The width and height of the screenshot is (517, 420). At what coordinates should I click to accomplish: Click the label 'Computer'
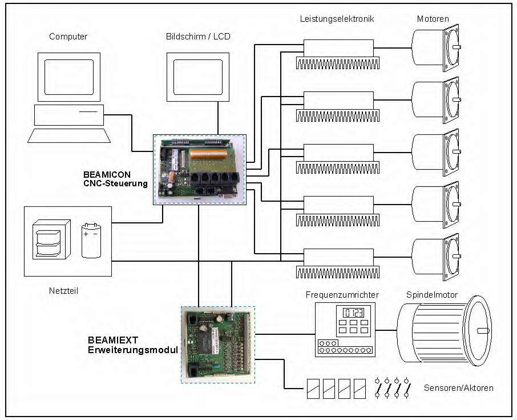click(68, 37)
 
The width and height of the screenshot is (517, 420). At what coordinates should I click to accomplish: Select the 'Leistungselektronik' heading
click(337, 19)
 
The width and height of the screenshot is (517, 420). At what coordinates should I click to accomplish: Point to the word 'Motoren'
click(433, 19)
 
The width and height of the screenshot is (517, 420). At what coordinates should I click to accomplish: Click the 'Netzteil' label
click(63, 291)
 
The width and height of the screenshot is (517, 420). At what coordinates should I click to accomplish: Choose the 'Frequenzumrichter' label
click(342, 295)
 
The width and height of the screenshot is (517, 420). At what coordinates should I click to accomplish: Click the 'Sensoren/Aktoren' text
click(458, 388)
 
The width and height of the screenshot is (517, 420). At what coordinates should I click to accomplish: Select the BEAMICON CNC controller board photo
click(200, 169)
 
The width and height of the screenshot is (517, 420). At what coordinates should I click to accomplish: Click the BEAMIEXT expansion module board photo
click(218, 344)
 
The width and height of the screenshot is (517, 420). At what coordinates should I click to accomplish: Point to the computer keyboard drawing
click(68, 135)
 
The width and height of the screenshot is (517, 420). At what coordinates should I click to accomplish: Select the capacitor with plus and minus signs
click(90, 240)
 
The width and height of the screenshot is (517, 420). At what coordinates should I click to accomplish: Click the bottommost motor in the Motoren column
click(435, 257)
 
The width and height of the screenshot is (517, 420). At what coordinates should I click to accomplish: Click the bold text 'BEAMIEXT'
click(111, 339)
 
